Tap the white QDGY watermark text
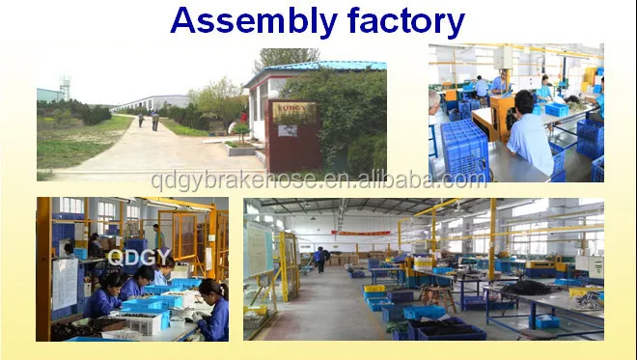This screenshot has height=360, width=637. pos(139,257)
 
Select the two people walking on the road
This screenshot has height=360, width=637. pos(147,120)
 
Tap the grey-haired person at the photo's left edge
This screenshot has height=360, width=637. pos(433,100)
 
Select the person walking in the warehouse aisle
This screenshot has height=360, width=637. pos(320,259)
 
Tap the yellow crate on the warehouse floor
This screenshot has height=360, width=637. pos(374,288)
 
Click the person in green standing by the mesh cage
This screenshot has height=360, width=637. pos(157,237)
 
